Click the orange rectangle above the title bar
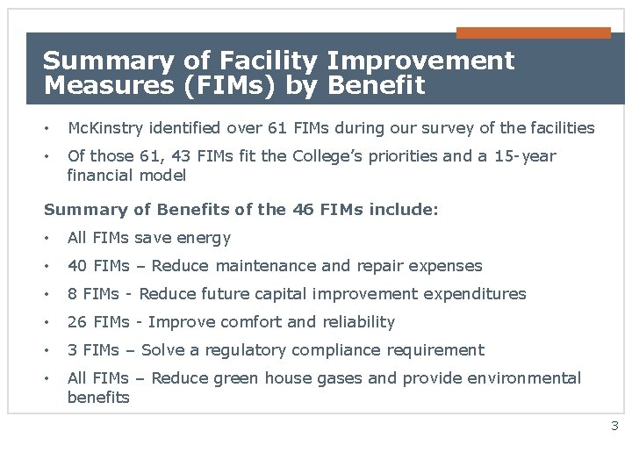click(533, 32)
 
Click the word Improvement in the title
click(429, 61)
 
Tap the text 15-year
click(526, 156)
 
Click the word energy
click(205, 238)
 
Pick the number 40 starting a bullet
click(77, 266)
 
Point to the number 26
click(77, 322)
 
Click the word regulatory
click(246, 350)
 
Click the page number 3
click(614, 427)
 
